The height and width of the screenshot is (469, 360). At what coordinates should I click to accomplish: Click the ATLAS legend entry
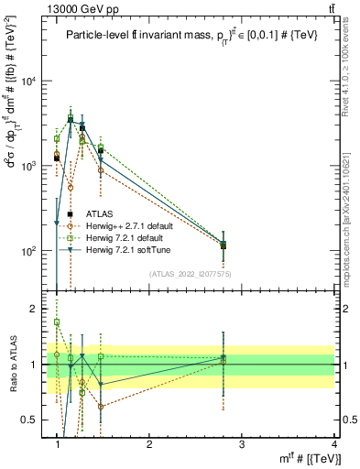pyautogui.click(x=113, y=214)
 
